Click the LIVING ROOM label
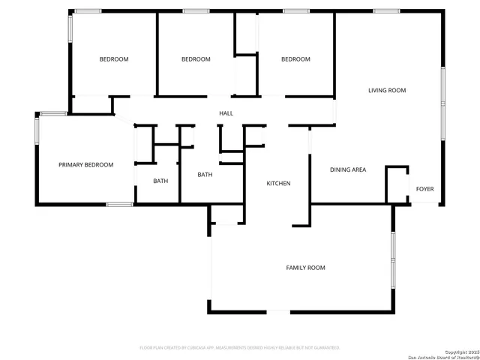(386, 91)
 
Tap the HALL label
(226, 114)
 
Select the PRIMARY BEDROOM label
(86, 165)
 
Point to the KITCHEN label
(278, 184)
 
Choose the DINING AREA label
(348, 170)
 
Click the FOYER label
(424, 189)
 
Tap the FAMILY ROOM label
(305, 268)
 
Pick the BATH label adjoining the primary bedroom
(160, 181)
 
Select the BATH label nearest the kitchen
(205, 175)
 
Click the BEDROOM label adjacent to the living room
(295, 59)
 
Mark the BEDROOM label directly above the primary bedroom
(114, 59)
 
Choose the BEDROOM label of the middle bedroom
(196, 59)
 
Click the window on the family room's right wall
(392, 259)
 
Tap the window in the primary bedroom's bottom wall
(119, 204)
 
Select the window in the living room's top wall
(386, 10)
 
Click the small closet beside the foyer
(396, 184)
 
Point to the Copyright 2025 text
(460, 351)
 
